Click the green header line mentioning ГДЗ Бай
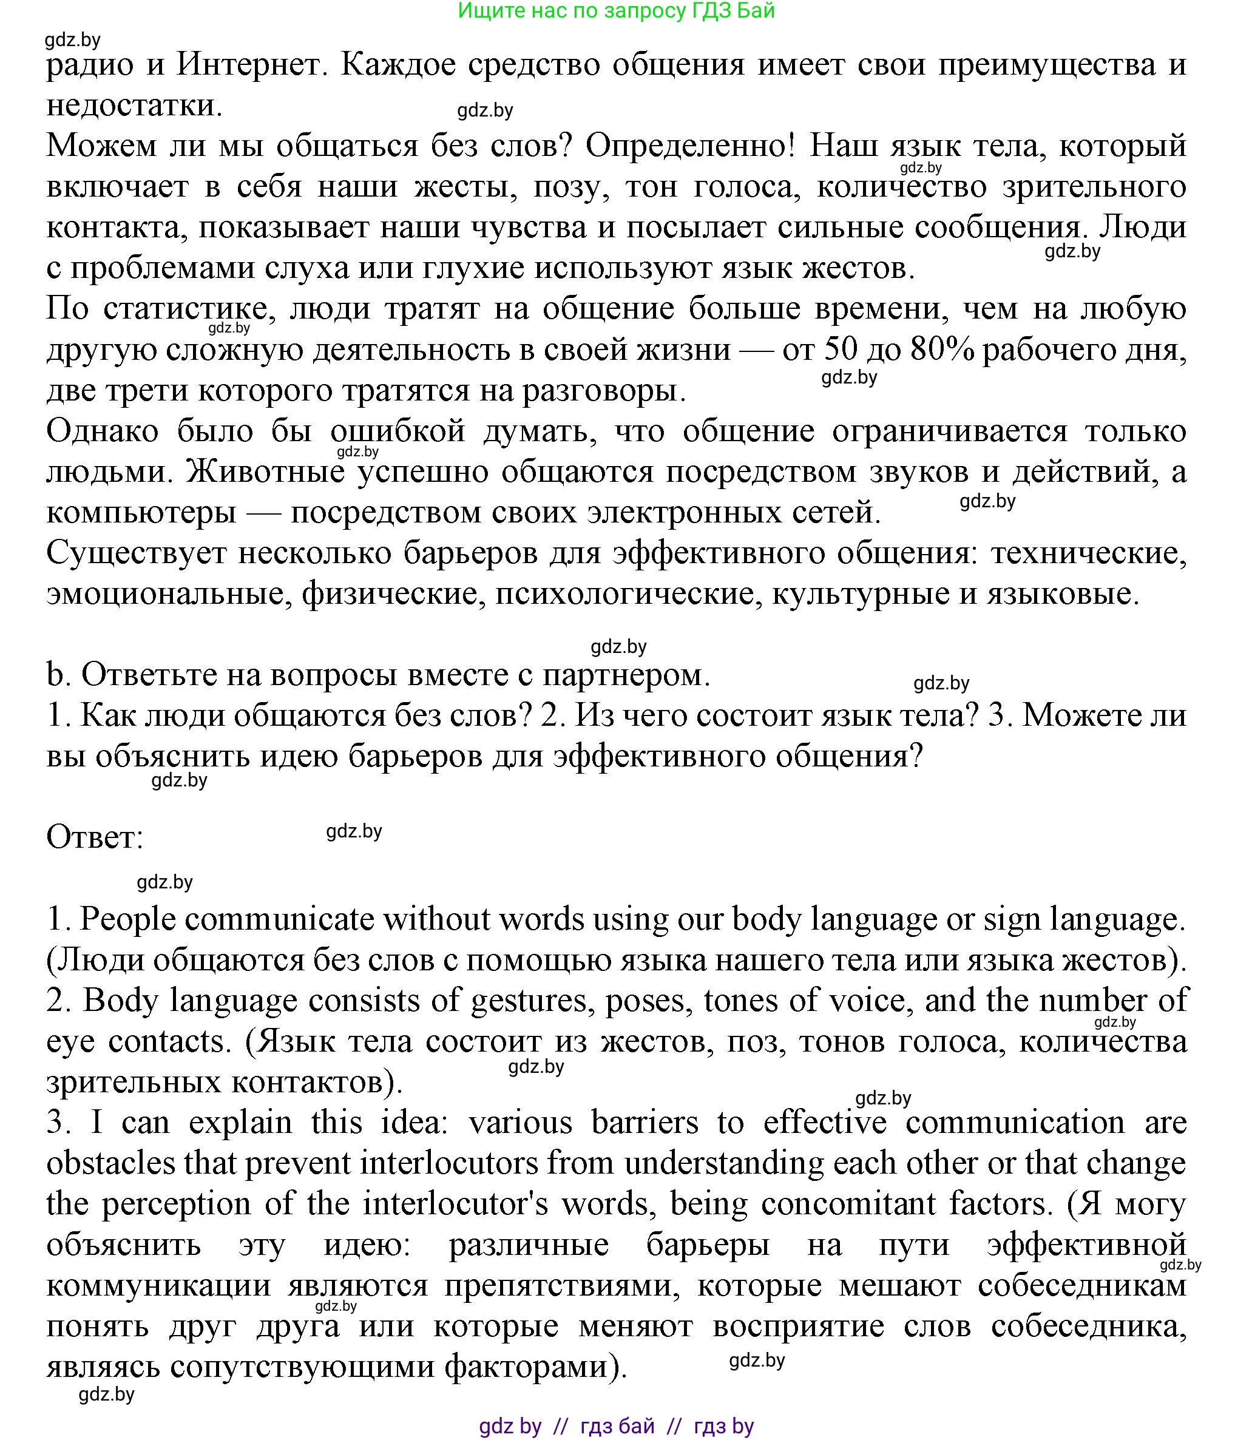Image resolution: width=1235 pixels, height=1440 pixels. coord(617,11)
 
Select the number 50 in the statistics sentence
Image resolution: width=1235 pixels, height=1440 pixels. coord(841,350)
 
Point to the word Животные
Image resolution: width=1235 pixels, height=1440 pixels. coord(266,472)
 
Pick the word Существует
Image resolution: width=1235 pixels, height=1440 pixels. coord(136,553)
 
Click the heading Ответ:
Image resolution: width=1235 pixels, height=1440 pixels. coord(95,837)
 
